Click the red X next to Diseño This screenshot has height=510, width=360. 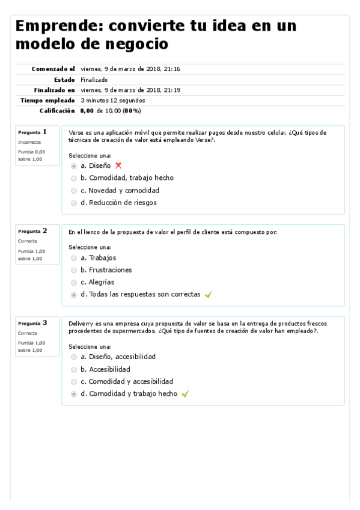click(118, 165)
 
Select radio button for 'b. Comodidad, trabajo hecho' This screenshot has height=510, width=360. click(74, 179)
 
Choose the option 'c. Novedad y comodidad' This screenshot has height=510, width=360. click(74, 191)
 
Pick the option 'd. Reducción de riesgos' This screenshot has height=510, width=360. click(74, 203)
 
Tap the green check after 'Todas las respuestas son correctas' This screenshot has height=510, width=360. click(209, 295)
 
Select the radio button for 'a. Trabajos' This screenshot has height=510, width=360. click(74, 258)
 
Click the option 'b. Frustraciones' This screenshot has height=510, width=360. click(74, 270)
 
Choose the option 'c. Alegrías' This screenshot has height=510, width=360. click(74, 283)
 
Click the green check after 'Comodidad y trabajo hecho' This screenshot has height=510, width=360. click(185, 394)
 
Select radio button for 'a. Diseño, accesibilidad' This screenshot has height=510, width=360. click(74, 357)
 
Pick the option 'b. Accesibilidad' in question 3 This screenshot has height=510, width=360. click(74, 369)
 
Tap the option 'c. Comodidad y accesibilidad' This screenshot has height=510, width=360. click(74, 382)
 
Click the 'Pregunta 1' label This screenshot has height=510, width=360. click(32, 132)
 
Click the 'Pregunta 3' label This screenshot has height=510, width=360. click(32, 323)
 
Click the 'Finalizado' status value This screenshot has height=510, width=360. click(94, 79)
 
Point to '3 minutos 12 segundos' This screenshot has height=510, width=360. click(112, 100)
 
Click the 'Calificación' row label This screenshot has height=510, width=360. click(57, 111)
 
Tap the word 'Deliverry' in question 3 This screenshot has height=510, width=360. click(81, 322)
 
